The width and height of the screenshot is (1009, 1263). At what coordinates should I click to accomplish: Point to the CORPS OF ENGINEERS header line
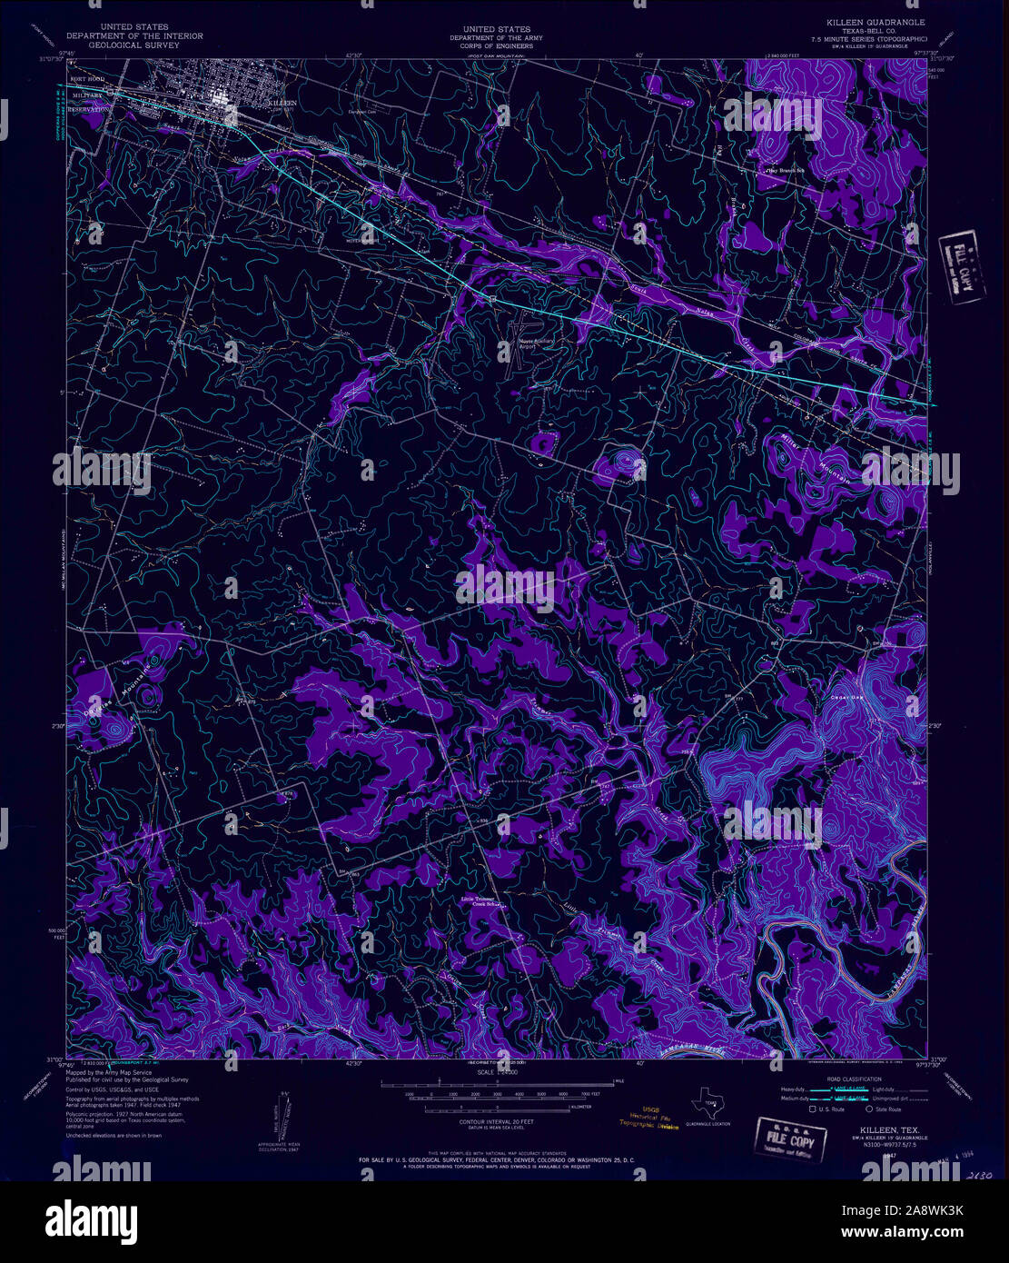[x=496, y=45]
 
